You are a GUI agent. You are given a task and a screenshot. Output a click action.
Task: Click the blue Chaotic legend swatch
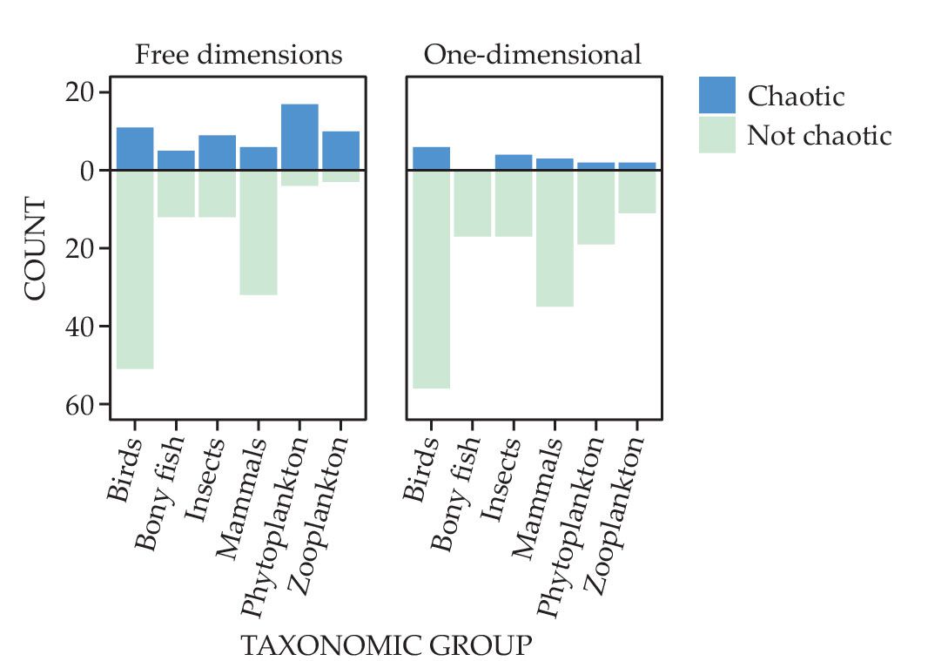click(x=716, y=95)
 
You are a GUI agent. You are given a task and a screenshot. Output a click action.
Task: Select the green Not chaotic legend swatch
click(x=716, y=135)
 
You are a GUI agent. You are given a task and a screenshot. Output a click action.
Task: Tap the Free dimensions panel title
click(x=239, y=55)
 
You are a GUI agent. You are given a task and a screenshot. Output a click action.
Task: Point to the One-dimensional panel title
click(x=533, y=55)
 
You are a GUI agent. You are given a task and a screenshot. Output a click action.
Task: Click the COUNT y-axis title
click(x=35, y=249)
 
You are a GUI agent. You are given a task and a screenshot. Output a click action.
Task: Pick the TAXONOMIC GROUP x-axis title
click(x=385, y=645)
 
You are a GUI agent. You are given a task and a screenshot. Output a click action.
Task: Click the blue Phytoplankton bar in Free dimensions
click(x=299, y=137)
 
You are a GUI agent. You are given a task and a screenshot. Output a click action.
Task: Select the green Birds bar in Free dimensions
click(x=135, y=270)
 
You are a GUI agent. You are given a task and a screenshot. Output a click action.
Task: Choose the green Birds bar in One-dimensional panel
click(x=431, y=280)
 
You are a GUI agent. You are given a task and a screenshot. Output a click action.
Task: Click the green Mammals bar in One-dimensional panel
click(x=555, y=239)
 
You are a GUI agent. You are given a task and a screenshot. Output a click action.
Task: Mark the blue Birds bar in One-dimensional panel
click(x=431, y=159)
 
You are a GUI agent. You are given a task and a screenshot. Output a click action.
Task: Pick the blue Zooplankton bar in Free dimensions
click(x=340, y=151)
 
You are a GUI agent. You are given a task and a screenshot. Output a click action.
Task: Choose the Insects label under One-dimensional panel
click(x=501, y=478)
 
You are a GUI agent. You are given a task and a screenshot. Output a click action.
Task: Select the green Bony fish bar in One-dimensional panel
click(x=472, y=204)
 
